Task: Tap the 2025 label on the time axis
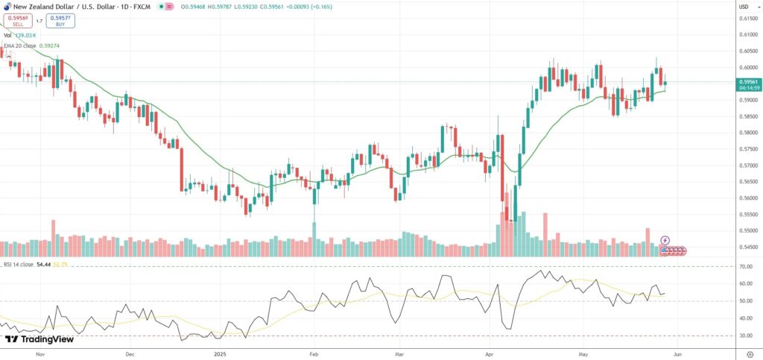click(x=219, y=355)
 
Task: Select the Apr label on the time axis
click(x=490, y=355)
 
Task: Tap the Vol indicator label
click(x=7, y=35)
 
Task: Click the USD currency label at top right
click(x=743, y=7)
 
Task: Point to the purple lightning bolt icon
click(x=665, y=241)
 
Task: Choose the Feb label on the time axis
click(x=314, y=355)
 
